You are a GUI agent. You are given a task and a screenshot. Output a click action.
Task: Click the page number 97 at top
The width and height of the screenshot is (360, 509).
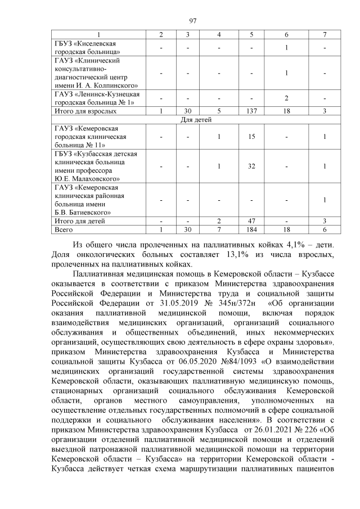coord(192,21)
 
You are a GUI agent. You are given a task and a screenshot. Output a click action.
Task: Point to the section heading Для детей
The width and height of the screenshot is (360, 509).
coord(192,119)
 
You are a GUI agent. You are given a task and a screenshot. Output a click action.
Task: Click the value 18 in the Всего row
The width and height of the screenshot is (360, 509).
coord(287,229)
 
